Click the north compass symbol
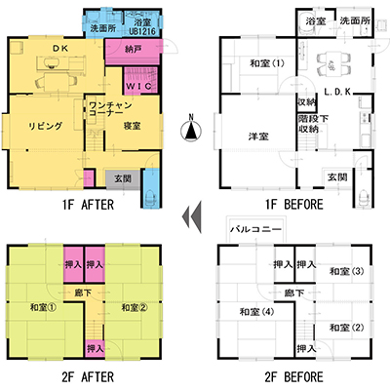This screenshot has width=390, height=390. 191,129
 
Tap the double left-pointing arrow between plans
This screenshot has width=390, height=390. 192,216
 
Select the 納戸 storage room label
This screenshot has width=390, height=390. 133,50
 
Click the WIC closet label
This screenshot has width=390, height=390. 138,86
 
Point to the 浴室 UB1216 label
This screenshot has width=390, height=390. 142,27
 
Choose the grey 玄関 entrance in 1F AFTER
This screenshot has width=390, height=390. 123,178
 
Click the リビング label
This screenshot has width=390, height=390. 45,126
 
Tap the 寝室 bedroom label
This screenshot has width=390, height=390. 132,126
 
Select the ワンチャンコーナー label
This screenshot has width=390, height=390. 110,109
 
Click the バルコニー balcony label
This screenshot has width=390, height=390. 255,229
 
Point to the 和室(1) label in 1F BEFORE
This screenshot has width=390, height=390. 267,63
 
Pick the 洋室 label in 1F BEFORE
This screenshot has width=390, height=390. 258,136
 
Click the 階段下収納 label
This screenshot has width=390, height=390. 309,124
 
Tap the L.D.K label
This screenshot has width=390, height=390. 337,92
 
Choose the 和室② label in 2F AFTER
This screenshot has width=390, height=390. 135,307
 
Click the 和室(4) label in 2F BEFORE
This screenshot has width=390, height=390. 256,312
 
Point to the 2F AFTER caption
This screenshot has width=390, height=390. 88,377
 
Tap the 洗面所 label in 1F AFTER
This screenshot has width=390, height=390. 102,28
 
